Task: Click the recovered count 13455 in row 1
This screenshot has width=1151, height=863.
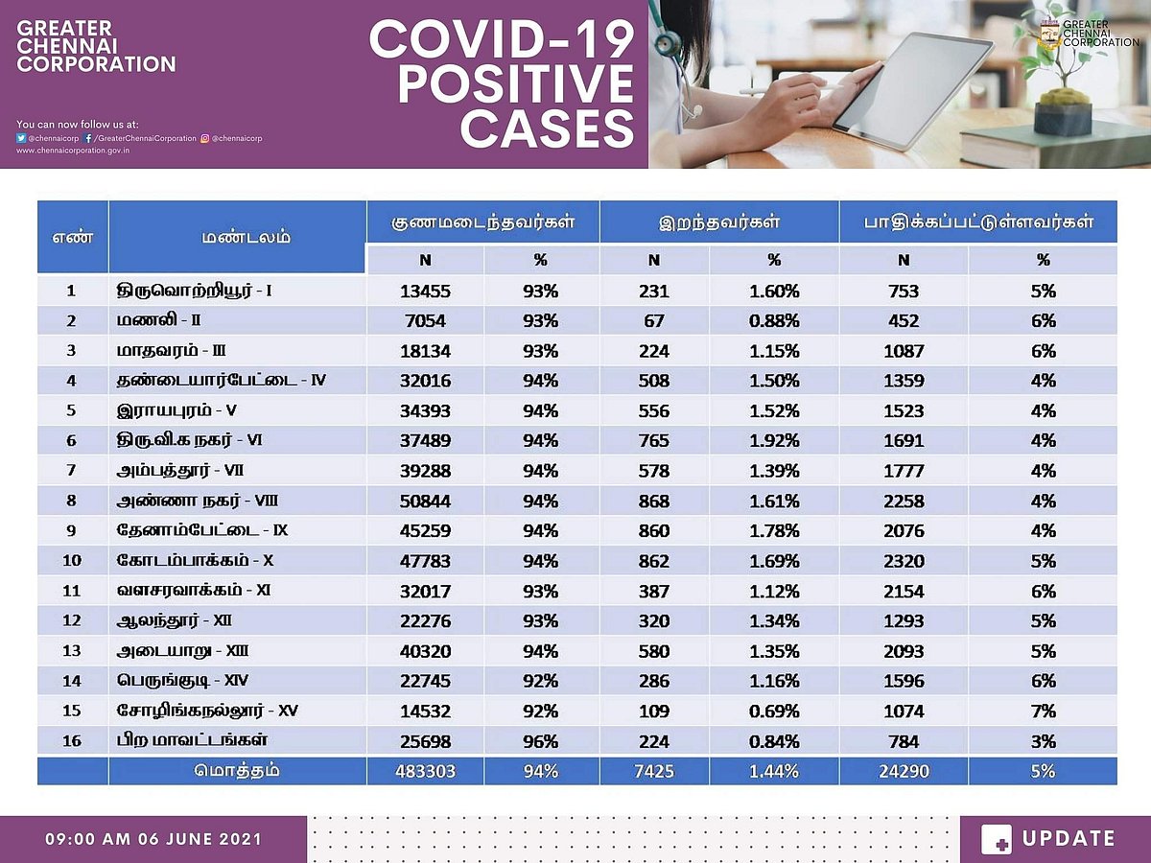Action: (x=425, y=292)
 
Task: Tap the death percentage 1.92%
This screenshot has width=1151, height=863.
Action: (x=774, y=441)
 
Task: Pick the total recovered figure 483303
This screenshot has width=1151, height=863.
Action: (x=425, y=771)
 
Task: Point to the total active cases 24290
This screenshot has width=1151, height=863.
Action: (x=903, y=771)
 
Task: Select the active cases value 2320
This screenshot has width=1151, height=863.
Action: (x=903, y=561)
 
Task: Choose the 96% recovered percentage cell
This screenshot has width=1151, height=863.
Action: (x=541, y=741)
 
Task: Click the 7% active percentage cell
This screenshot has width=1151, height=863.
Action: (x=1043, y=711)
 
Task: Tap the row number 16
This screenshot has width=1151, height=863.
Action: (x=72, y=741)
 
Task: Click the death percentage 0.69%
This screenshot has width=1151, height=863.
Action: (x=774, y=711)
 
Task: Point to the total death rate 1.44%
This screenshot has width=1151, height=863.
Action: (x=774, y=771)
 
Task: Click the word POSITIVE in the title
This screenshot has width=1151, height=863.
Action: (x=516, y=84)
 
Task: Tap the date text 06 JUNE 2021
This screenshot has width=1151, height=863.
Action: (x=187, y=839)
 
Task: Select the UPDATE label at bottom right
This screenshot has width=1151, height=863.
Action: (x=1069, y=839)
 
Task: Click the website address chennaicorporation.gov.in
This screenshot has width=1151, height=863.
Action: (x=73, y=151)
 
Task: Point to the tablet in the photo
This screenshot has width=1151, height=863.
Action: (x=911, y=91)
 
